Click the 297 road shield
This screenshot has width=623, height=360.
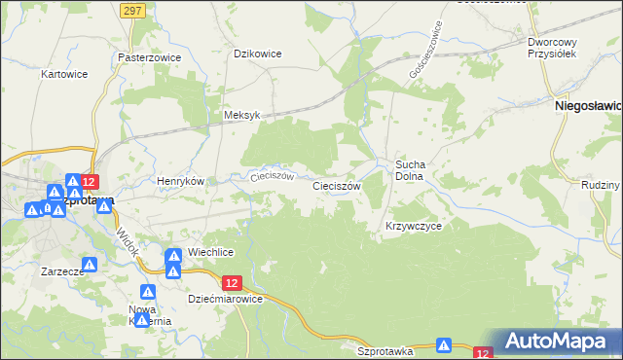(x=134, y=9)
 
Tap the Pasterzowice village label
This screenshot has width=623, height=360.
(x=149, y=57)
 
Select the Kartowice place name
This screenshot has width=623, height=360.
(x=65, y=74)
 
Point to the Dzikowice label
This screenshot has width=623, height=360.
(x=258, y=54)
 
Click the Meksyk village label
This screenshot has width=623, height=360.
(x=241, y=115)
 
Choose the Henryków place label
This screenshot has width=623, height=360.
(x=181, y=181)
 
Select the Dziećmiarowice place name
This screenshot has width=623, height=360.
(x=226, y=300)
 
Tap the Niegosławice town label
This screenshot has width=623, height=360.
(x=588, y=103)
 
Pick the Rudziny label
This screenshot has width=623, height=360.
(x=599, y=185)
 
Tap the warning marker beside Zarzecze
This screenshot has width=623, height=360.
(x=90, y=264)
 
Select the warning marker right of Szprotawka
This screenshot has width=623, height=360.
(x=444, y=344)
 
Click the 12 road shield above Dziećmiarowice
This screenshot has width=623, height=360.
(x=231, y=282)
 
